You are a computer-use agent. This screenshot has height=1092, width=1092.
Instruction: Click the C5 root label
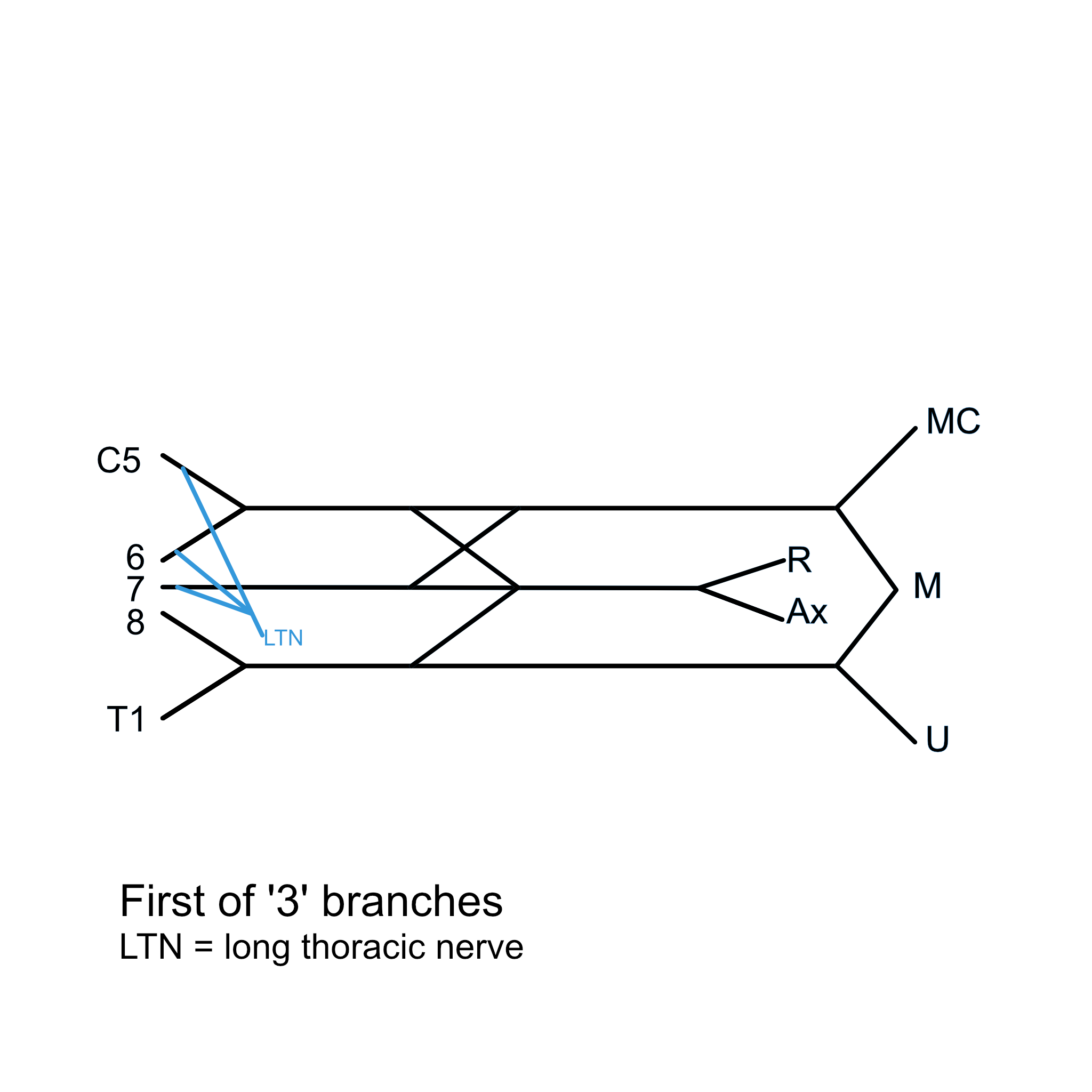tap(119, 461)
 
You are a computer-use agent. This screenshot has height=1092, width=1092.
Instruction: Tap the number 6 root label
tap(135, 558)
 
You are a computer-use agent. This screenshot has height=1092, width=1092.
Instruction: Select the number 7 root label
tap(135, 589)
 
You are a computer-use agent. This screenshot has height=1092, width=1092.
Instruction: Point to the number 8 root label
tap(135, 622)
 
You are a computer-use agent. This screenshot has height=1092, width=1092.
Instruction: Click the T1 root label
tap(126, 719)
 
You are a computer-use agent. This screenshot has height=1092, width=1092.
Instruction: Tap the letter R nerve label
tap(799, 560)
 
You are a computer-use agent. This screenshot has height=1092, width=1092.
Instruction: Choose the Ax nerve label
tap(807, 612)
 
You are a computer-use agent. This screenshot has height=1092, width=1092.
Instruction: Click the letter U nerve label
tap(937, 738)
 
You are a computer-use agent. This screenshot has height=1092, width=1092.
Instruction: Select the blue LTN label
tap(283, 638)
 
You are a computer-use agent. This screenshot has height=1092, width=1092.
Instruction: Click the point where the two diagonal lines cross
tap(464, 548)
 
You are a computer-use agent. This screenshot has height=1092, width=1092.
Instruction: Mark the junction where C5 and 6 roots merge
tap(245, 508)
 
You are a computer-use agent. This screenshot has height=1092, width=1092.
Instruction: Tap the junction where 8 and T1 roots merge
tap(245, 667)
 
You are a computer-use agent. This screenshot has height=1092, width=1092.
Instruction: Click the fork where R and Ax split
tap(698, 589)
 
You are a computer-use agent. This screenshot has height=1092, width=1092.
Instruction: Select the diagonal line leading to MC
tap(876, 469)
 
